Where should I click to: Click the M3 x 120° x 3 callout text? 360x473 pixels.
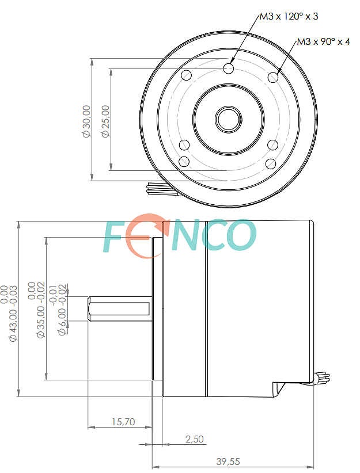289,16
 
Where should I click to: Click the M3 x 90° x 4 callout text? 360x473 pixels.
324,41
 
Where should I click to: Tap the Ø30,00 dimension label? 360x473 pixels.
86,121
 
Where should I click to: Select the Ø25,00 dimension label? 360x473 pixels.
106,121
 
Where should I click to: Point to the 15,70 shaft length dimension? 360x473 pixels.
123,422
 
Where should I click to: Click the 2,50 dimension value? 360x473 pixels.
195,439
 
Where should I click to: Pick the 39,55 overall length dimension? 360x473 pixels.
228,461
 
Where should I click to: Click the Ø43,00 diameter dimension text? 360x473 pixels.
9,313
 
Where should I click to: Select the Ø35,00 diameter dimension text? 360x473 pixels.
36,310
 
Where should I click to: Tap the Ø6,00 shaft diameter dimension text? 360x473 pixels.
59,310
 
